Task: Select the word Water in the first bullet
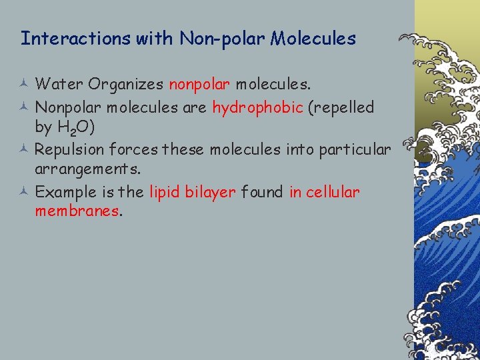[59, 85]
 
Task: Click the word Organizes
[125, 85]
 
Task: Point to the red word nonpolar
[199, 85]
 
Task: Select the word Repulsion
[69, 149]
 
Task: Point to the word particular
[354, 149]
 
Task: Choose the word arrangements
[87, 171]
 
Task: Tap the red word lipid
[163, 193]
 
